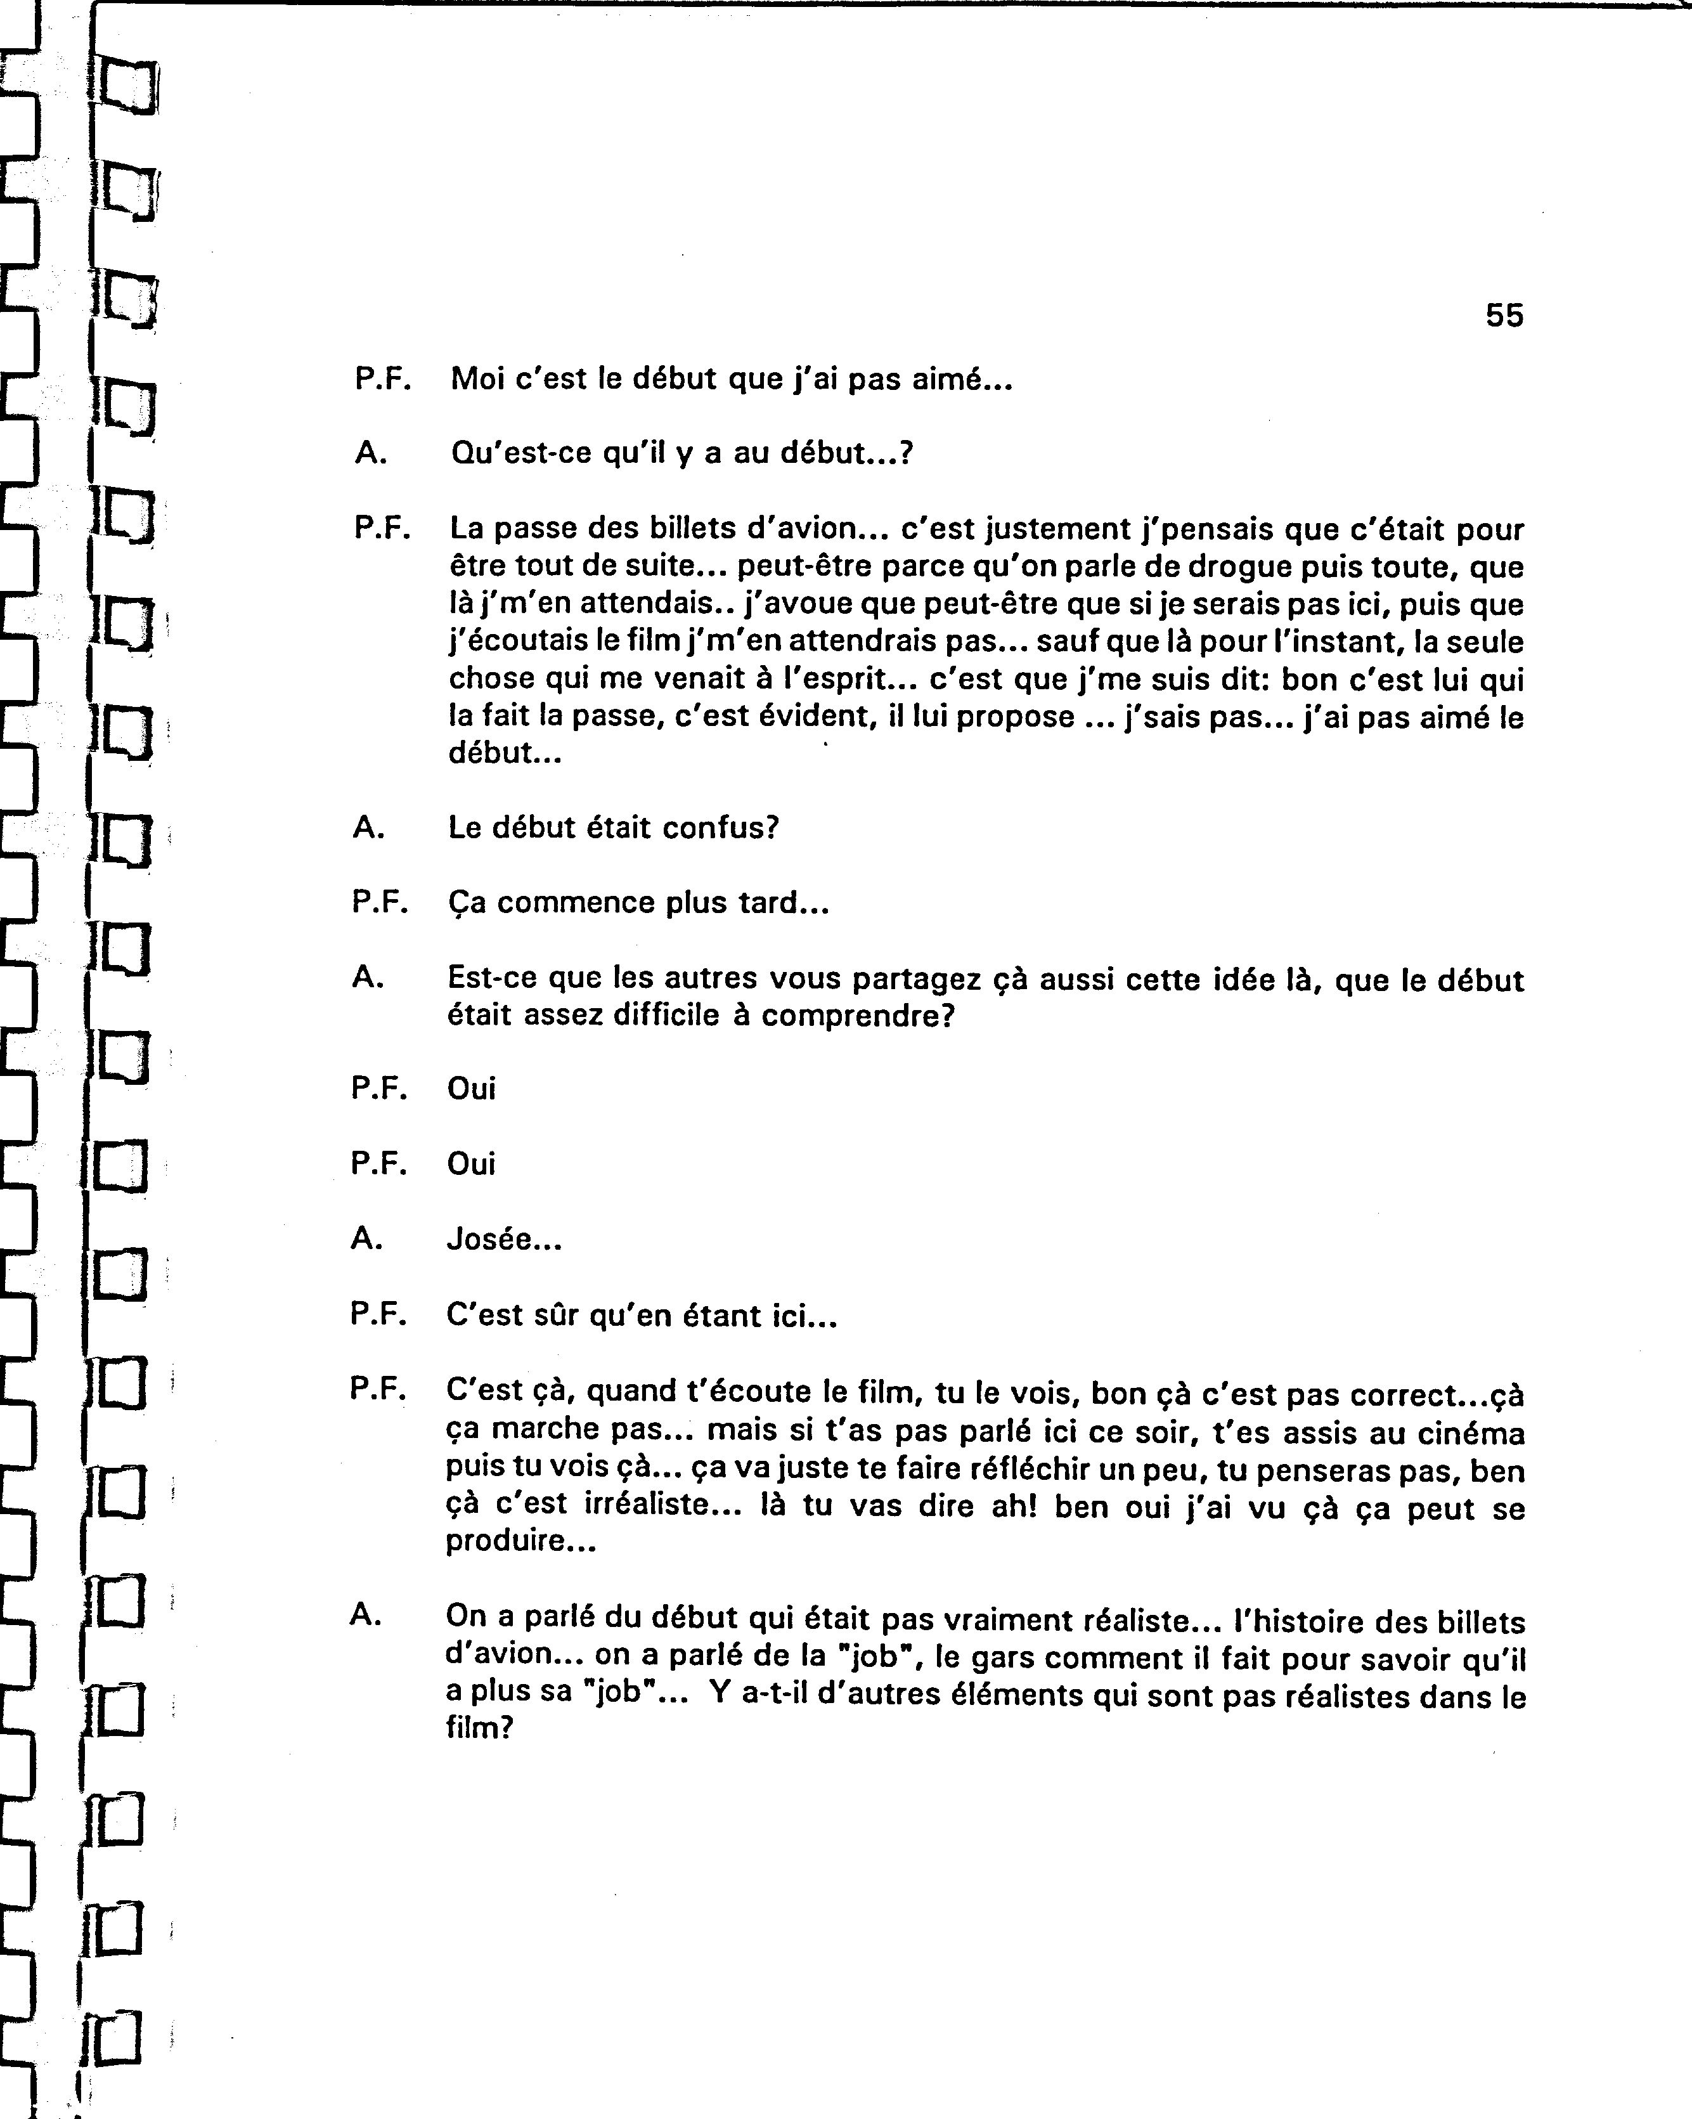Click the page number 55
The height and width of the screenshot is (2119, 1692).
[1503, 316]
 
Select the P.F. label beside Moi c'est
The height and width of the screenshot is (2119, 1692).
[382, 379]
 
